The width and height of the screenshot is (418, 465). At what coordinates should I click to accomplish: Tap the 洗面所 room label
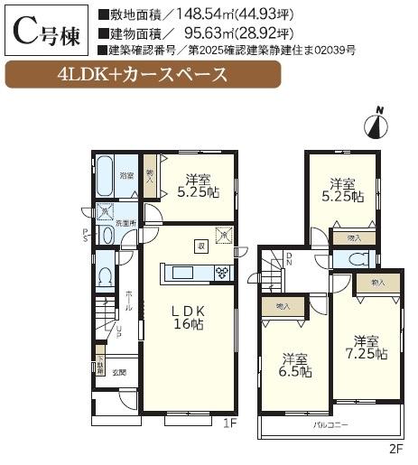click(x=125, y=222)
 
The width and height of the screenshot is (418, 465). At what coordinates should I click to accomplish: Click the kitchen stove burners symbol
click(x=222, y=273)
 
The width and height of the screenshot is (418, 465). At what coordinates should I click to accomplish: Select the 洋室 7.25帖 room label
click(x=365, y=348)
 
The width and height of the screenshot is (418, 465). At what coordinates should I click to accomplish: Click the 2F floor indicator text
click(x=394, y=447)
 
